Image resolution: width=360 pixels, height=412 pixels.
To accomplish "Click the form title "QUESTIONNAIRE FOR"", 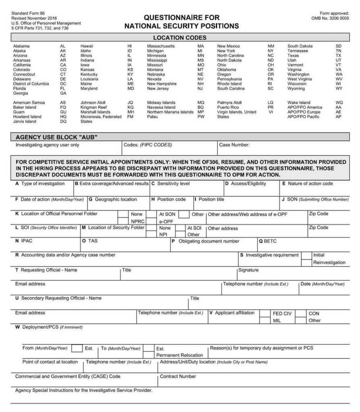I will coord(182,17).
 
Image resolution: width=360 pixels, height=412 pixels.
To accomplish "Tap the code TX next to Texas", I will coord(338,56).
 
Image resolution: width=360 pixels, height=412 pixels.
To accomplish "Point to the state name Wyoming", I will coord(296,88).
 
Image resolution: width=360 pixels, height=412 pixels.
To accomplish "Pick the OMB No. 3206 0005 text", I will coord(330,18).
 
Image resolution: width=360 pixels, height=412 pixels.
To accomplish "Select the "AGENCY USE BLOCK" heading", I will coord(56,137).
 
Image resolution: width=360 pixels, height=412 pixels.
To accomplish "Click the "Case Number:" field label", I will coord(234,144).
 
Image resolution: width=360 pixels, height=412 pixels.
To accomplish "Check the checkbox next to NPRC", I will coord(123,221).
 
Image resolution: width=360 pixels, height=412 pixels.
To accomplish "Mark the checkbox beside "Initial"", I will coord(307,255).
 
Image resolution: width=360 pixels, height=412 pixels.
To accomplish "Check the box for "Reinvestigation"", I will coord(307,262).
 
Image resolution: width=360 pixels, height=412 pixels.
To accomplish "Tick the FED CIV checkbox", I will coord(265,313).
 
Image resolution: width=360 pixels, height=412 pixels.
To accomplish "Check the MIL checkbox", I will coord(265,320).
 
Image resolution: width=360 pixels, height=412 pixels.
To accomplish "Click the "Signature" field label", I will coord(248,270).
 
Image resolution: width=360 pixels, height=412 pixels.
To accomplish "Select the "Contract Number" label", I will coord(178,377).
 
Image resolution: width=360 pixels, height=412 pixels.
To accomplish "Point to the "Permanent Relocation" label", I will coord(180,355).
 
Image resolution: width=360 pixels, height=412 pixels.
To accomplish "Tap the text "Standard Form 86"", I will coord(28,14).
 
